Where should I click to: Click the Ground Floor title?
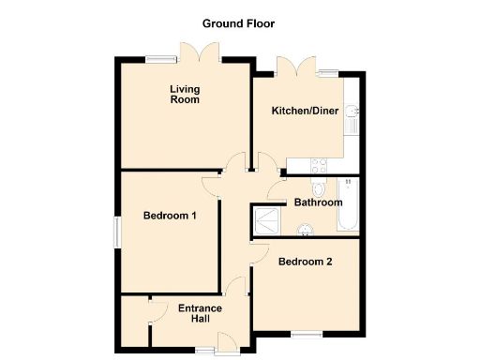[x=239, y=22]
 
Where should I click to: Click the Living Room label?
[x=184, y=95]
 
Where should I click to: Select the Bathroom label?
[x=318, y=202]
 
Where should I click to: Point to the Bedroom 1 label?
[x=170, y=216]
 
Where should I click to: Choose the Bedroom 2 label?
[x=306, y=262]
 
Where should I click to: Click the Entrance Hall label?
[x=200, y=313]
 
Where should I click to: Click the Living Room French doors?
[x=199, y=53]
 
